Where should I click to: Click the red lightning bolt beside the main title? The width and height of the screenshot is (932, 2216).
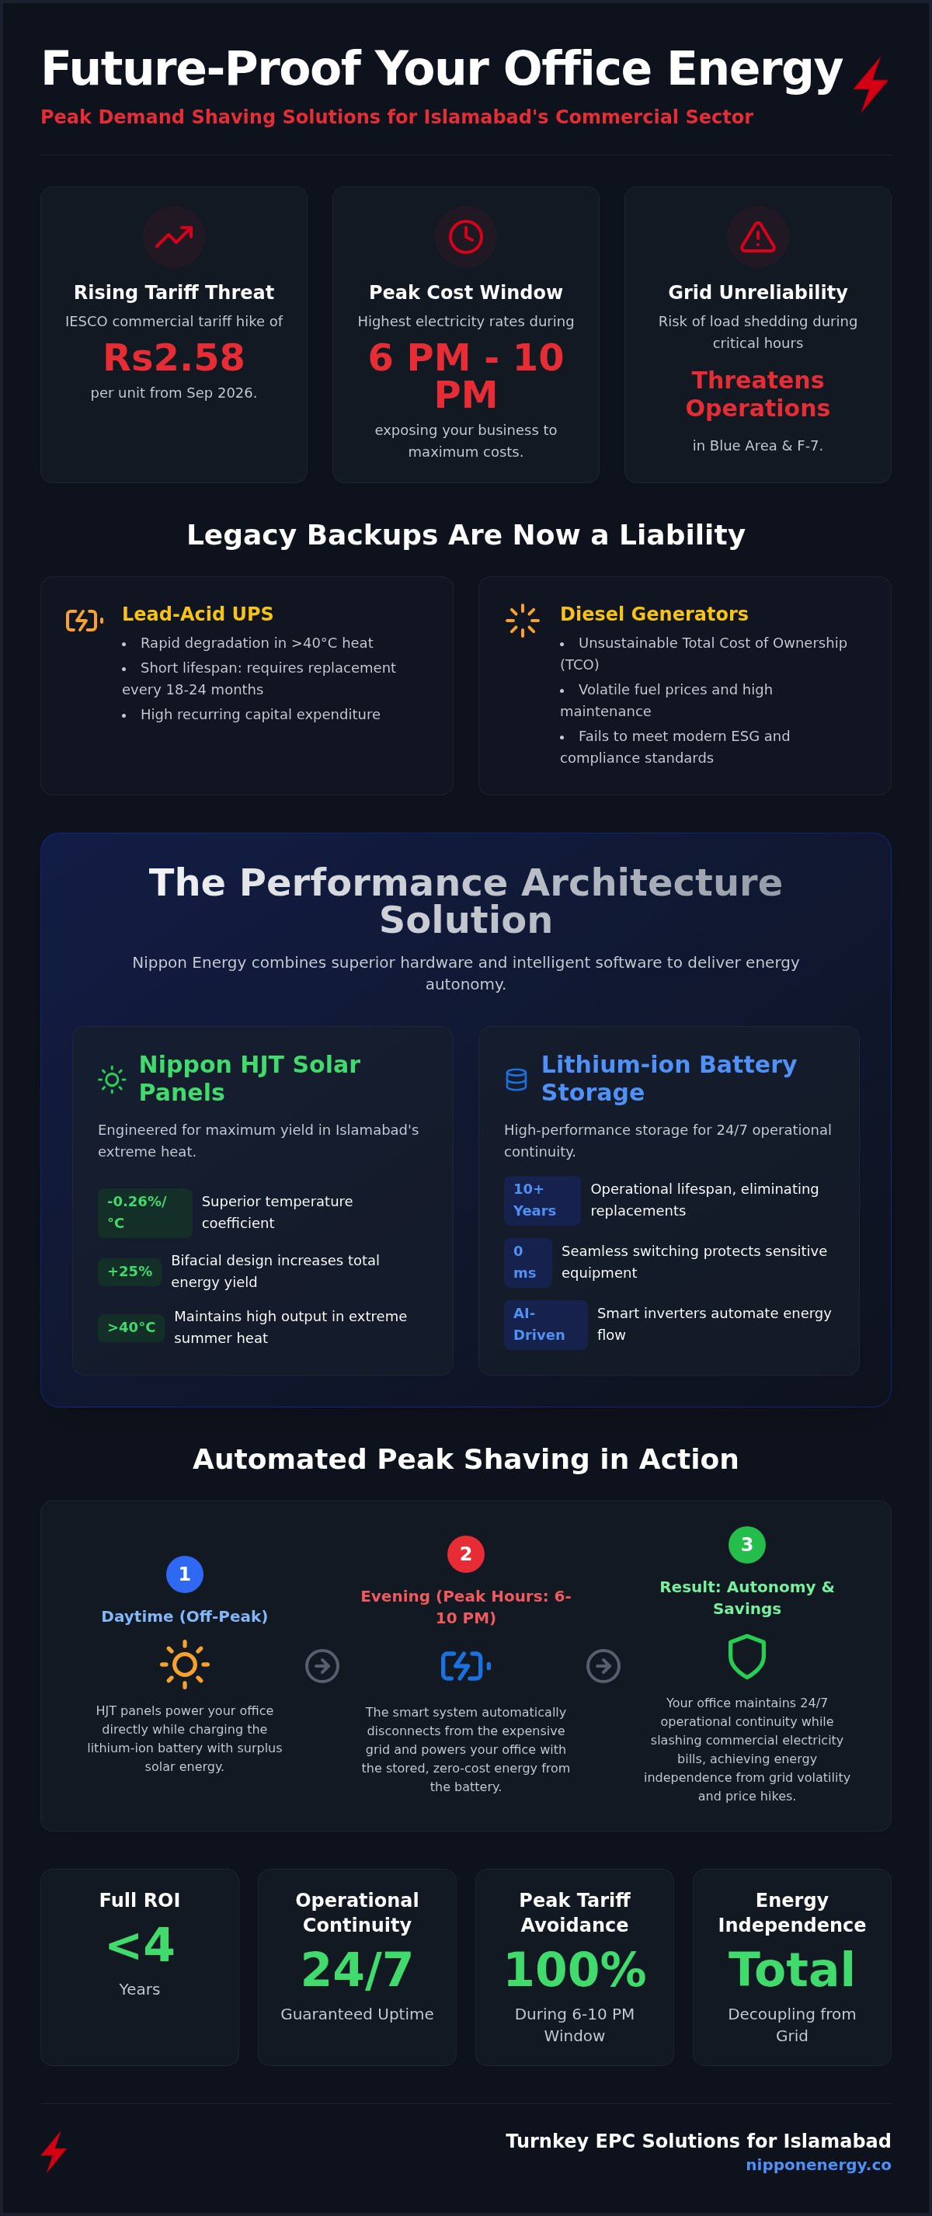click(x=871, y=85)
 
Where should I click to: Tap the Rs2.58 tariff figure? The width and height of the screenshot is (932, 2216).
click(x=174, y=357)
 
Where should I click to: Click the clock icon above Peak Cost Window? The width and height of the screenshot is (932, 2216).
click(x=465, y=237)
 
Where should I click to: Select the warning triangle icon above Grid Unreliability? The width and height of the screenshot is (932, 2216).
click(x=757, y=237)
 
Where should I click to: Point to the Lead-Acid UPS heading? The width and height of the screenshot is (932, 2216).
click(x=198, y=614)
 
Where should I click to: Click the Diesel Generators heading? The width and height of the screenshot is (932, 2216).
click(x=654, y=614)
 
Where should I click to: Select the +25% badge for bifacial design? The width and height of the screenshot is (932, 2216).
click(x=129, y=1272)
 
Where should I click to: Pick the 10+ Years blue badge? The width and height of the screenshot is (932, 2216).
click(x=542, y=1200)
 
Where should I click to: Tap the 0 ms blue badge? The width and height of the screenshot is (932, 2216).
click(x=527, y=1262)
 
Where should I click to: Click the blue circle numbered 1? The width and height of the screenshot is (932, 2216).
click(x=184, y=1574)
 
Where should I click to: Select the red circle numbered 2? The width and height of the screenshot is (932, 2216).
click(x=465, y=1553)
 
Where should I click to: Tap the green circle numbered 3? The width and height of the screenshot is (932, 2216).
click(x=747, y=1544)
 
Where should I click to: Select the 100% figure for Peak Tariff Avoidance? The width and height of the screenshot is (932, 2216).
click(x=575, y=1969)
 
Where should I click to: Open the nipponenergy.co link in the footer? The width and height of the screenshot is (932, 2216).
click(x=819, y=2165)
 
